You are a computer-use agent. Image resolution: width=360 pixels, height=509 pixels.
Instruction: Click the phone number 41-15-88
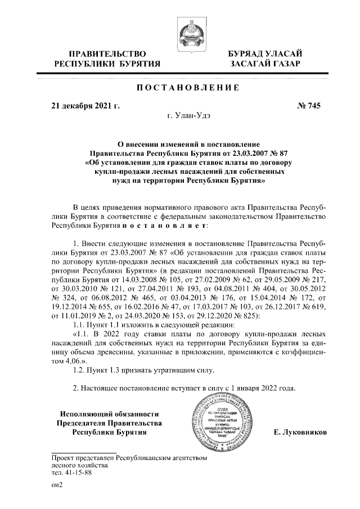tap(78, 473)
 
